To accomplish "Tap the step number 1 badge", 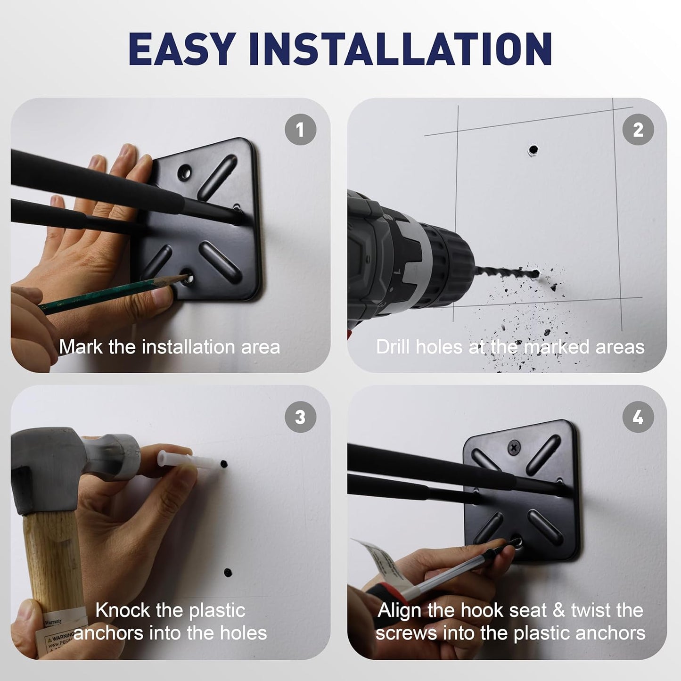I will (x=300, y=130).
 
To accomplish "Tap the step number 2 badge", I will (x=638, y=130).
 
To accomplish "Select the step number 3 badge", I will (x=300, y=417).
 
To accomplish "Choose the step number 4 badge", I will (x=638, y=417).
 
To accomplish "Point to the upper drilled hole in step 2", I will (x=533, y=150).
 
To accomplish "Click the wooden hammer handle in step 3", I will (x=52, y=566).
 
